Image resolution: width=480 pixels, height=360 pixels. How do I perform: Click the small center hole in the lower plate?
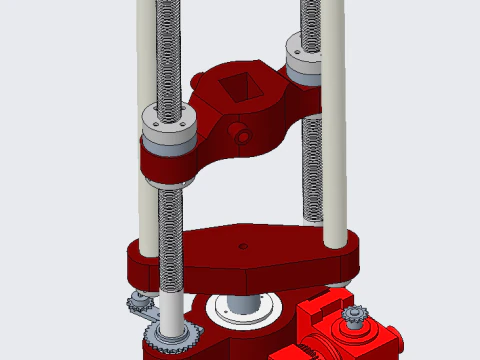pyautogui.click(x=241, y=244)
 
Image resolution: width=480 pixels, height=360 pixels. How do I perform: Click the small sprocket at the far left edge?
pyautogui.click(x=138, y=303)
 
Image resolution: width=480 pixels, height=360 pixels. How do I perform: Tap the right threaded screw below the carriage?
pyautogui.click(x=310, y=180)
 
